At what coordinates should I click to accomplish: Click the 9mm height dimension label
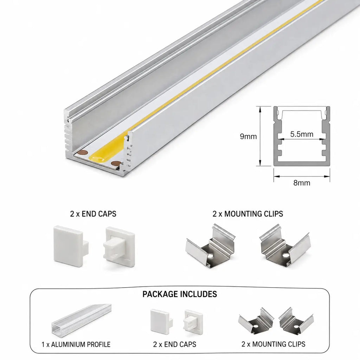(x=248, y=136)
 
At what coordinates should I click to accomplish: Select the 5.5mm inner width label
(x=302, y=134)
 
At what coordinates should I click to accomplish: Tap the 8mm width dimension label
(x=302, y=183)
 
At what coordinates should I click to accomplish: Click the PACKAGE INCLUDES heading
(x=180, y=294)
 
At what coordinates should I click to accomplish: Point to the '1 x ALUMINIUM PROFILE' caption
(x=76, y=345)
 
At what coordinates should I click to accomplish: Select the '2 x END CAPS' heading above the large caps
(x=93, y=214)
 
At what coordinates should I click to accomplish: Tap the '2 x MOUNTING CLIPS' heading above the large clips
(x=248, y=214)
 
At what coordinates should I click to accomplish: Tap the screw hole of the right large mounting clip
(x=285, y=255)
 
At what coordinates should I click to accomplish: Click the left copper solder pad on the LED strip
(x=82, y=153)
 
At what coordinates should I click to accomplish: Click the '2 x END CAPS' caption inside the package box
(x=175, y=345)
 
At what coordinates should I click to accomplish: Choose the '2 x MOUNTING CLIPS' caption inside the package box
(x=274, y=344)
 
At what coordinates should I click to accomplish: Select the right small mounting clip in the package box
(x=296, y=320)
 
